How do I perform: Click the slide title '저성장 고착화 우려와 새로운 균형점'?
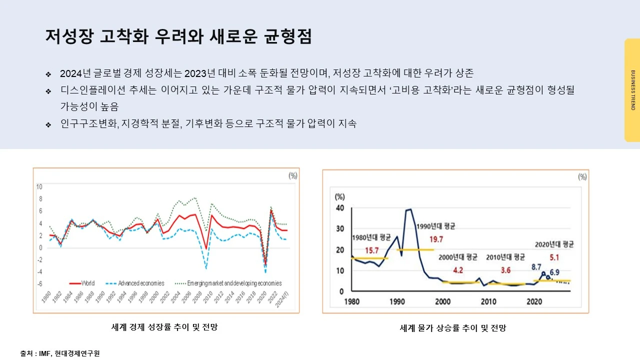178,36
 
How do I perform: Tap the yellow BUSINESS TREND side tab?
632,90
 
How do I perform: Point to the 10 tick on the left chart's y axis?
39,187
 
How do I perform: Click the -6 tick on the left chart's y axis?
39,283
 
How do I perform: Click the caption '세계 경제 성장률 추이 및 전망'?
164,327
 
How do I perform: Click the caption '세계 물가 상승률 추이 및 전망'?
453,328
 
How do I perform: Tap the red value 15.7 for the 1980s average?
371,250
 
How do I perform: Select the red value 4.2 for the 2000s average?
457,270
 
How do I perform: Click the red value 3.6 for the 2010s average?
505,270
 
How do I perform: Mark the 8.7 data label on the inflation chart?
536,267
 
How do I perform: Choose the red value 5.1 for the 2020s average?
554,258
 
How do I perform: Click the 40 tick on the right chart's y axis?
339,207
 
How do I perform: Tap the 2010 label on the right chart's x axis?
488,301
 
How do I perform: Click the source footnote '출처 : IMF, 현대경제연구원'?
60,353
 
